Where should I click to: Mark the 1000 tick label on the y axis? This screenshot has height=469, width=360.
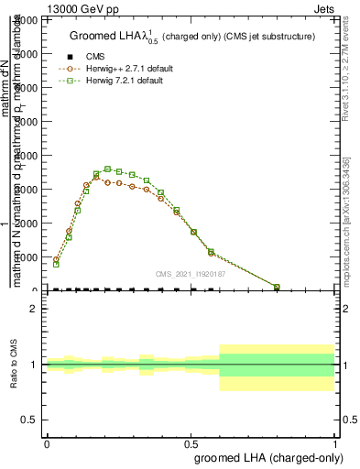[x=29, y=257]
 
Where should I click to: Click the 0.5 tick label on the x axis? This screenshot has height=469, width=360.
[x=191, y=443]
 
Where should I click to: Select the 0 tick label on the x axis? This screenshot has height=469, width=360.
[x=47, y=443]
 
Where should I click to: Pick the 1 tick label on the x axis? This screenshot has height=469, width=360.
[x=335, y=443]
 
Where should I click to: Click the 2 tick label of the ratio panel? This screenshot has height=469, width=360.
[x=34, y=309]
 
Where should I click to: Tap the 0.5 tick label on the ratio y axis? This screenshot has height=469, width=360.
[x=29, y=420]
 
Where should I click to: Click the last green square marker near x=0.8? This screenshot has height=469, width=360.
[x=277, y=287]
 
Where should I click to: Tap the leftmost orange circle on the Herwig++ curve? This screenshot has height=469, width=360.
[x=56, y=259]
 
